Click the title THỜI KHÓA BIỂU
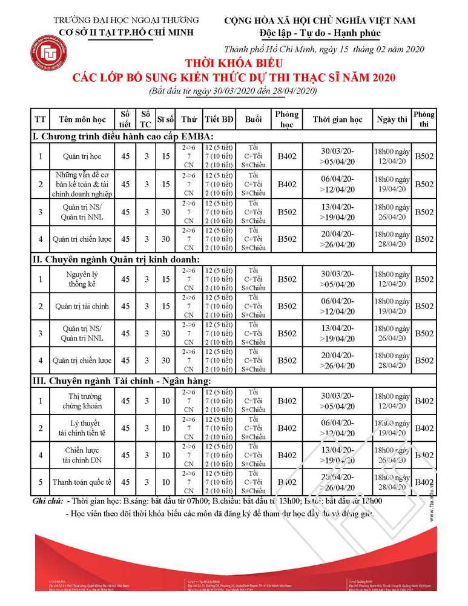point(234,63)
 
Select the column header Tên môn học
point(82,119)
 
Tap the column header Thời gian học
point(337,119)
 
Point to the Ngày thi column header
point(391,119)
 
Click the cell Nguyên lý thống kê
point(82,279)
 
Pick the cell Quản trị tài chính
point(82,307)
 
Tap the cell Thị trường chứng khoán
point(82,401)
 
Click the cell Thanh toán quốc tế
point(82,482)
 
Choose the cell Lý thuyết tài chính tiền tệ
point(82,428)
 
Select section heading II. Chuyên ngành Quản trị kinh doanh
point(116,259)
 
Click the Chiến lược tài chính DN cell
point(82,455)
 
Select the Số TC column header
point(145,119)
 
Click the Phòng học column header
point(286,119)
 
